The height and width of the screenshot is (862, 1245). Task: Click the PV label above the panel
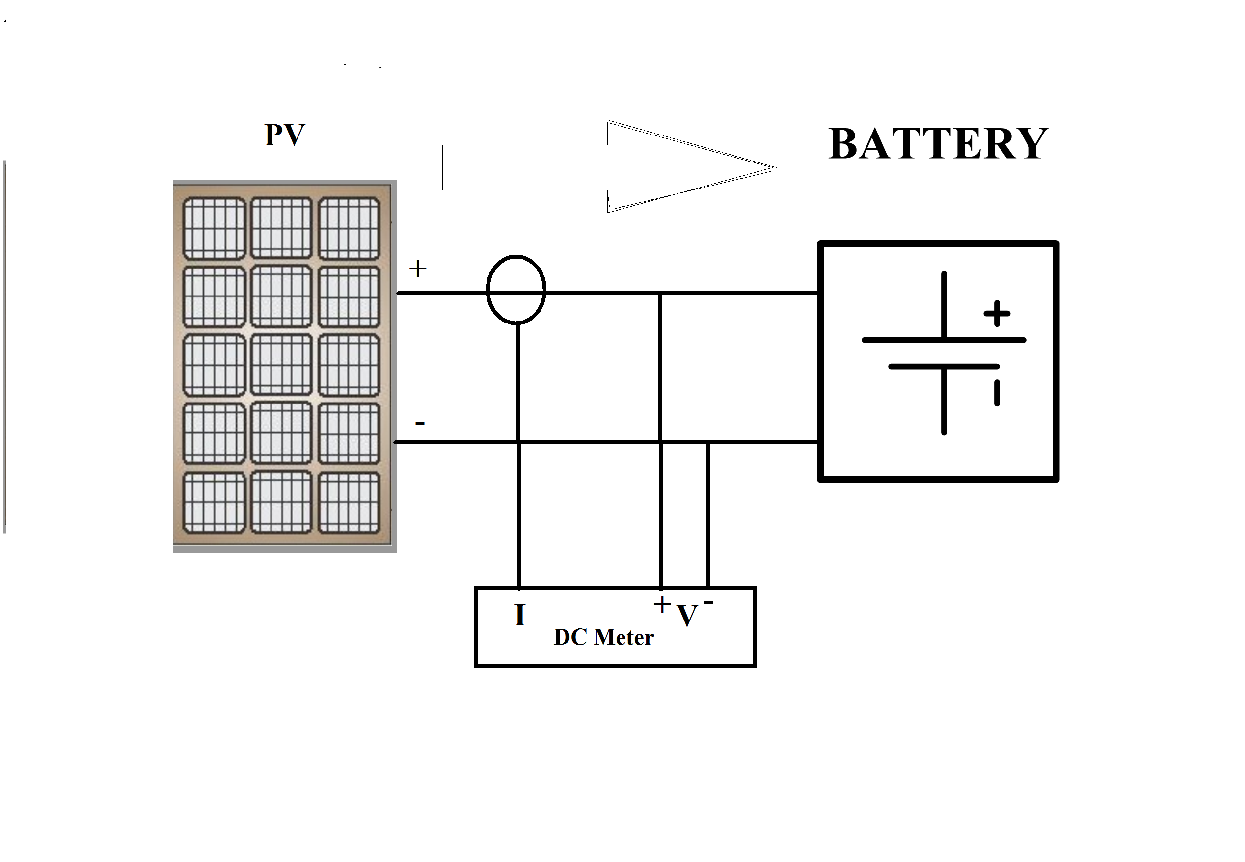click(x=285, y=135)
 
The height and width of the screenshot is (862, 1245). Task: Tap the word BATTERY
click(x=938, y=144)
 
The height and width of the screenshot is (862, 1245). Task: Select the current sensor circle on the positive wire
click(x=516, y=290)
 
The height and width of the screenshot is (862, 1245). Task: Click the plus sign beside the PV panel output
click(x=417, y=269)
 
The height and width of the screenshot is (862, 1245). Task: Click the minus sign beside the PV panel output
click(x=420, y=422)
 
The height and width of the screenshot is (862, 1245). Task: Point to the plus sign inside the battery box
click(x=997, y=313)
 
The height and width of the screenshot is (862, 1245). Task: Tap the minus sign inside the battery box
click(x=997, y=393)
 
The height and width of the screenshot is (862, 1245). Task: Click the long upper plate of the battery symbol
click(x=943, y=340)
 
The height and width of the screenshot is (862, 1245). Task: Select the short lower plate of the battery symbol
click(x=943, y=367)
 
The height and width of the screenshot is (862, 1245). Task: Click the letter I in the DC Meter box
click(x=519, y=615)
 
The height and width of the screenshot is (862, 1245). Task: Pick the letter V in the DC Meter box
click(x=687, y=616)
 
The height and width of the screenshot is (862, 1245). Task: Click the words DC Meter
click(x=603, y=637)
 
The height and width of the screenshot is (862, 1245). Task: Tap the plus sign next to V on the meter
click(x=662, y=604)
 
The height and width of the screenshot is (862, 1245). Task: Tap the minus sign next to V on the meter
click(x=708, y=602)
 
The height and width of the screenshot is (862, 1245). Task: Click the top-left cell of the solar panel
click(x=214, y=228)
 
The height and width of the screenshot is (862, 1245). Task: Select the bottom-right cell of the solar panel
click(x=349, y=503)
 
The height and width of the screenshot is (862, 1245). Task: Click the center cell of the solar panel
click(x=281, y=365)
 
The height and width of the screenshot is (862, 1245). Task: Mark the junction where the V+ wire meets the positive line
click(x=659, y=293)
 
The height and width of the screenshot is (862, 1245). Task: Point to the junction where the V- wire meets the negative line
click(x=708, y=442)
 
